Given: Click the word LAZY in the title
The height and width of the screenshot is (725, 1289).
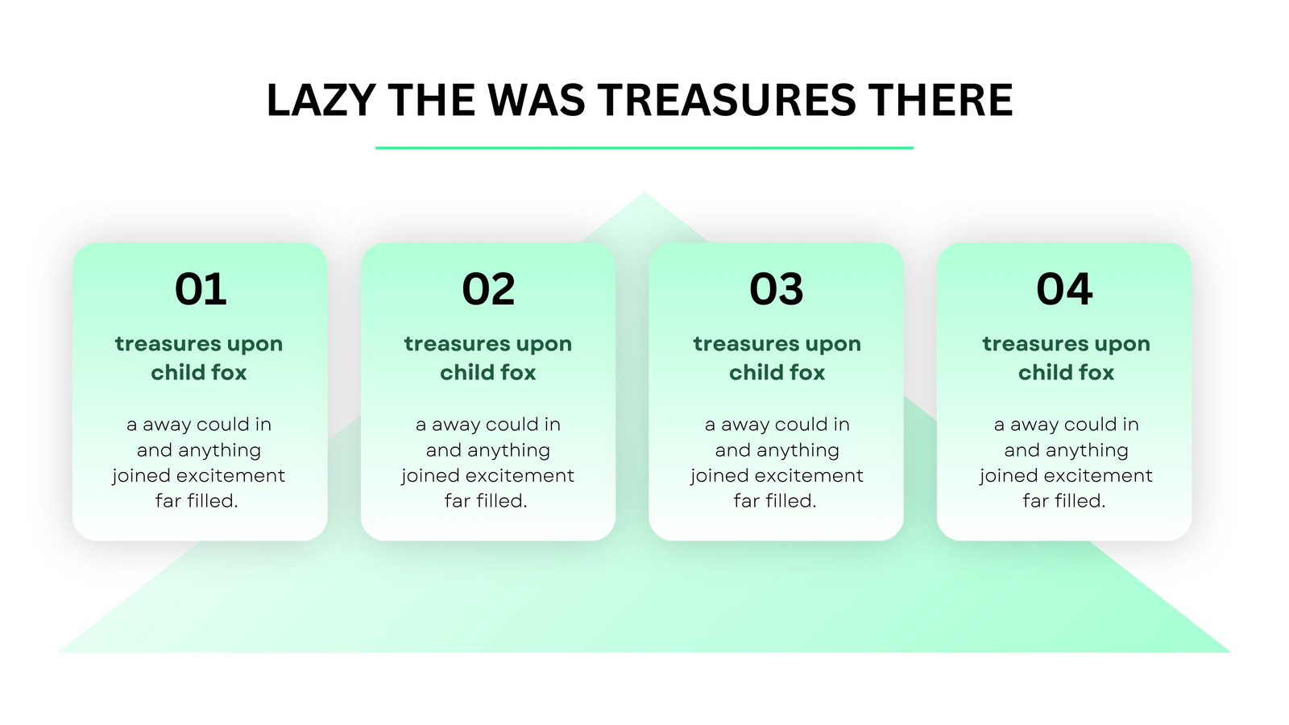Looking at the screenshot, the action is pos(321,100).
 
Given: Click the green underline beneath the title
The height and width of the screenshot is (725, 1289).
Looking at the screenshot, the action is pos(644,148).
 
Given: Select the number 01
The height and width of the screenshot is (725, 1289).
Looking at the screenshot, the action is pos(201,289).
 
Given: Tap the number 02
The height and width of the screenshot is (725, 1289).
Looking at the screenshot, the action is pos(488,289).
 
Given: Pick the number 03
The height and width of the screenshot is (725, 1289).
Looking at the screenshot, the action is pos(777,289).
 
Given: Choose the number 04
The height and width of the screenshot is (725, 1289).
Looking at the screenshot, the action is pos(1064,289).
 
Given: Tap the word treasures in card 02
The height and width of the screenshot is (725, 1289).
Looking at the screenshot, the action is pos(456,344).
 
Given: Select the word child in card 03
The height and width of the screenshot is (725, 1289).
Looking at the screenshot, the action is pos(753,372).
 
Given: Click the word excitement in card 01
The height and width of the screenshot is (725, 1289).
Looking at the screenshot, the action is pos(230,475).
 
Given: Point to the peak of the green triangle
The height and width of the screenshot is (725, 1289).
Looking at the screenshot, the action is pos(644,193).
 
